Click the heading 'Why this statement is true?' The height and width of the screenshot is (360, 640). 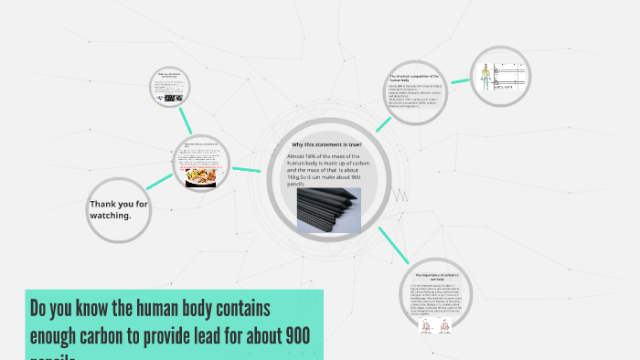(x=326, y=145)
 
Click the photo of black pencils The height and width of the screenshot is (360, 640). (x=328, y=210)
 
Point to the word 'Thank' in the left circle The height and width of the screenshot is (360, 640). (x=102, y=204)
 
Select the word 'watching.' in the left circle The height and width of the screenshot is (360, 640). (x=111, y=216)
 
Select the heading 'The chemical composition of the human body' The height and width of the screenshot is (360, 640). (x=414, y=79)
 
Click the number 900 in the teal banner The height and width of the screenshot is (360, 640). (x=297, y=334)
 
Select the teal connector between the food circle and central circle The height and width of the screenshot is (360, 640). (x=246, y=169)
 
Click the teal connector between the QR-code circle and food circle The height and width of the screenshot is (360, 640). (x=187, y=121)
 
